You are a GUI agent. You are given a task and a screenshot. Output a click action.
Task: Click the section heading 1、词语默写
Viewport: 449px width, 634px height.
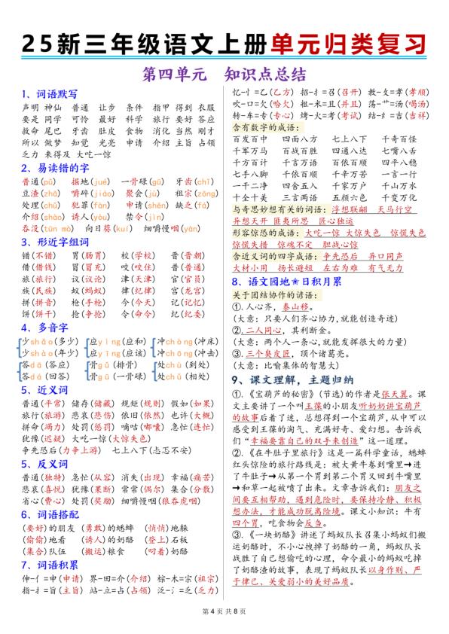click(50, 95)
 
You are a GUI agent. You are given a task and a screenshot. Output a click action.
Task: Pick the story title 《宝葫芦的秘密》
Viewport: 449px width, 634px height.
click(274, 393)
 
